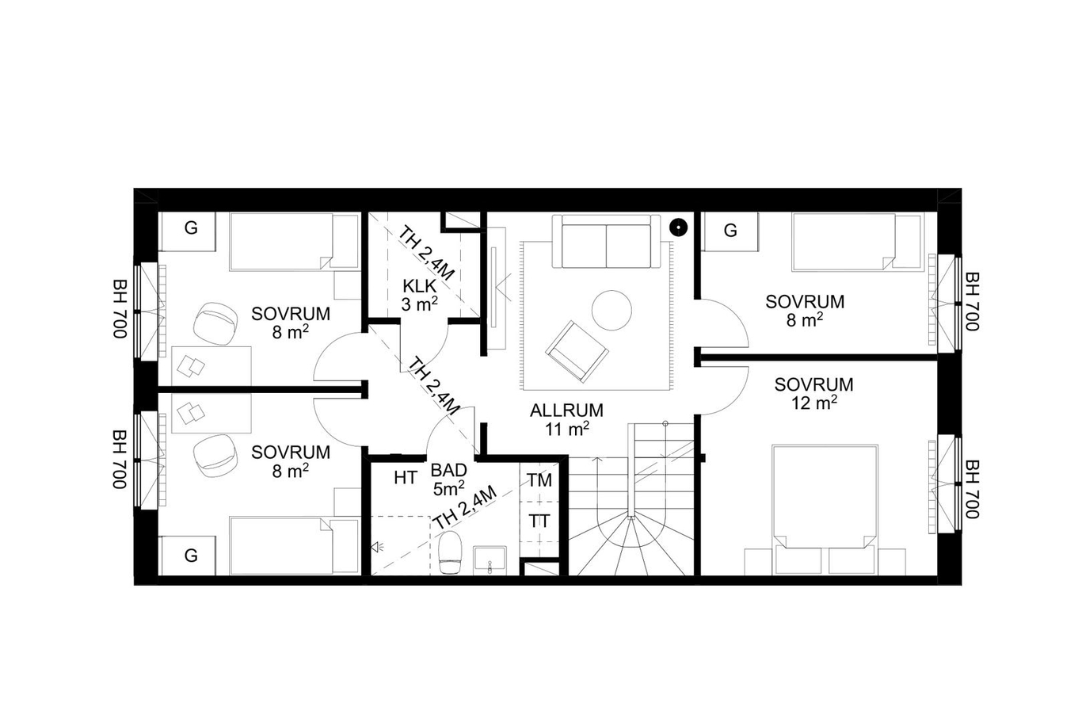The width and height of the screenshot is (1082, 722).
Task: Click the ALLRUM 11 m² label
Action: [x=566, y=419]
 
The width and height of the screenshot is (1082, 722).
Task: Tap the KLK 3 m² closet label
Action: [x=419, y=295]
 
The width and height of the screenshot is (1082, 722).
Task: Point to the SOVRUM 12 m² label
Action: [x=814, y=393]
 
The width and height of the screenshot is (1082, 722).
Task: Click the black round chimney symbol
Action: [x=678, y=227]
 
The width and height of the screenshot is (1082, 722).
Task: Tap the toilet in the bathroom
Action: [x=450, y=552]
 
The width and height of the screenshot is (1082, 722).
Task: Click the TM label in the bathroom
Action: [x=539, y=480]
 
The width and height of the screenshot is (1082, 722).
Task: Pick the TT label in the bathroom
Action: [x=539, y=521]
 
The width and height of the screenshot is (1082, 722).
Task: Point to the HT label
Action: [x=405, y=478]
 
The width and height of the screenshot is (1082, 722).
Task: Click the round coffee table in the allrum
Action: [x=611, y=310]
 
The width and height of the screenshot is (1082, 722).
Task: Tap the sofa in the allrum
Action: [x=606, y=241]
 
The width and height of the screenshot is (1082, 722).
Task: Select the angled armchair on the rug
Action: [x=577, y=351]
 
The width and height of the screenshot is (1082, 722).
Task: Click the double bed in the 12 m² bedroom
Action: [x=825, y=510]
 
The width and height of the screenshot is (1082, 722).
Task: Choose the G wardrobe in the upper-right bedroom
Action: [x=730, y=231]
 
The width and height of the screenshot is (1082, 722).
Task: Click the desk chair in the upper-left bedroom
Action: [x=215, y=323]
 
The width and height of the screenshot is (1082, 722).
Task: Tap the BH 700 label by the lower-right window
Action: [x=972, y=488]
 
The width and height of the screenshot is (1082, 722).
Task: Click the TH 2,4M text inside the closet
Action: [x=425, y=254]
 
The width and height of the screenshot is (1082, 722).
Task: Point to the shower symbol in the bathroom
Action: [x=376, y=548]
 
